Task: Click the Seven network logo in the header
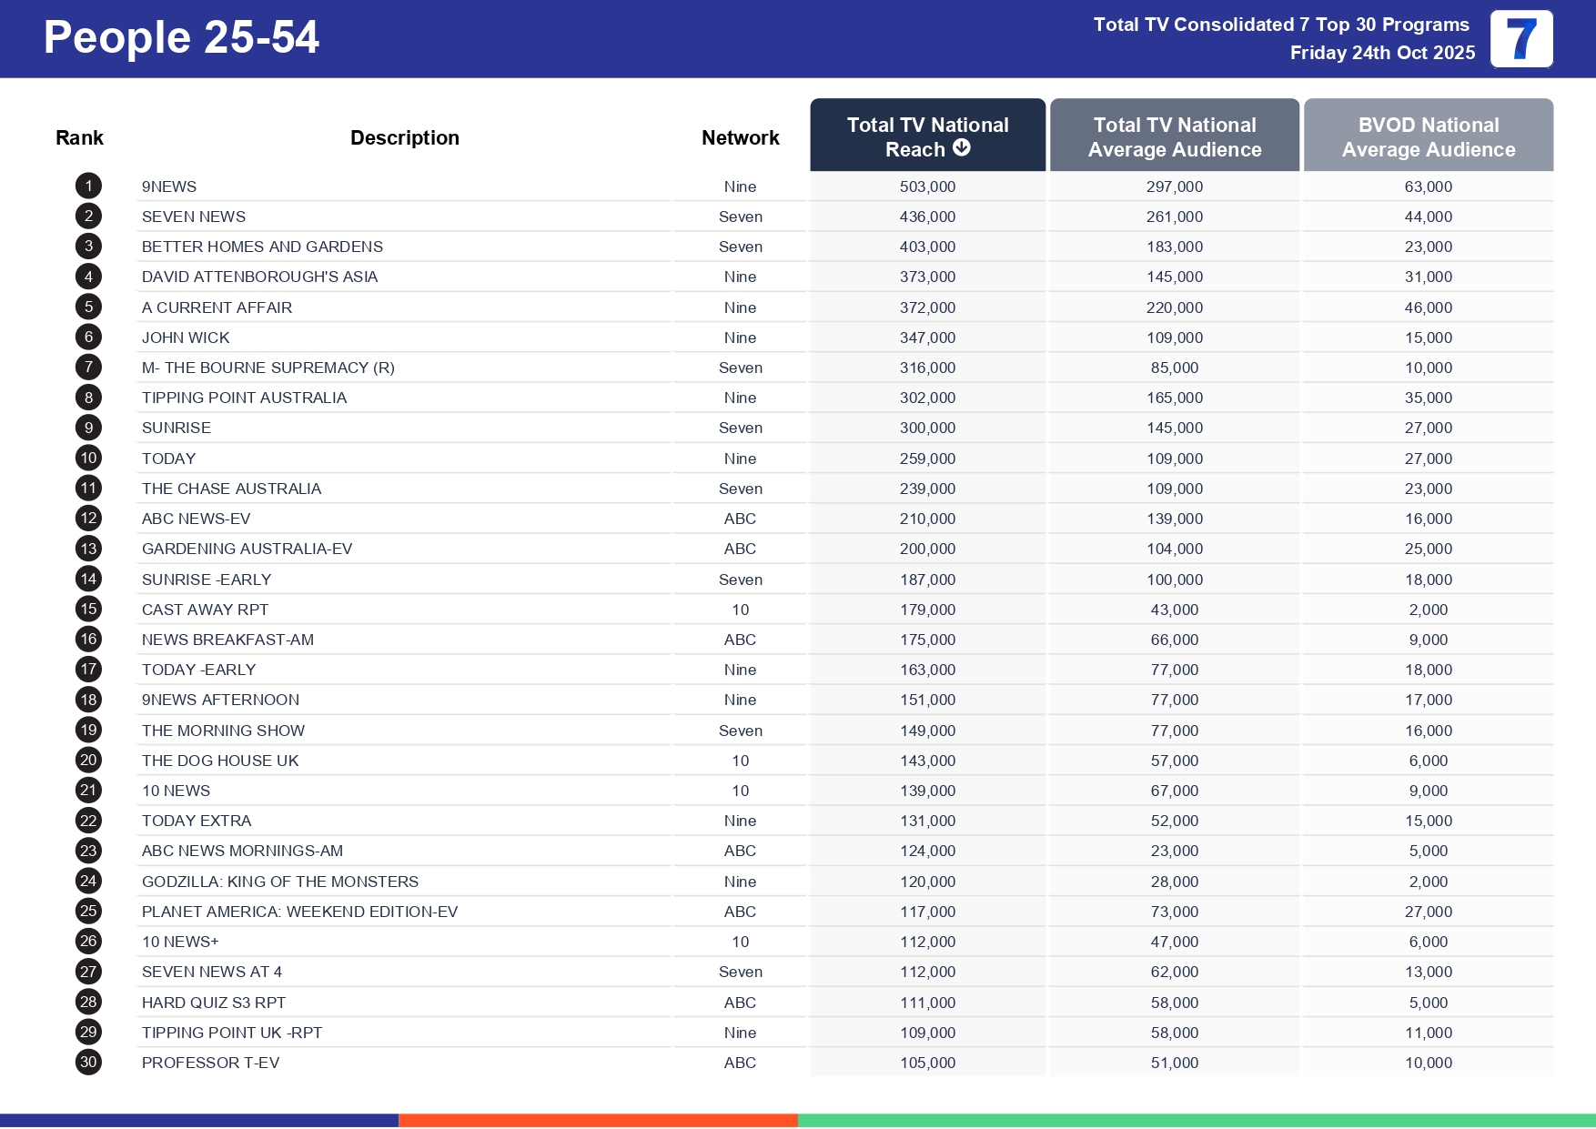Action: point(1520,39)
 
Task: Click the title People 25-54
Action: point(181,38)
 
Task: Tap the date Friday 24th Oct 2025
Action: point(1381,53)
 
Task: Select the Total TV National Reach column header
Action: point(927,136)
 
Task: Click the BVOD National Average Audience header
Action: point(1428,136)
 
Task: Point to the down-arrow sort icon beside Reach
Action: point(962,148)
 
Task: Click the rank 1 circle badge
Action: point(88,186)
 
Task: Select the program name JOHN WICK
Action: point(186,338)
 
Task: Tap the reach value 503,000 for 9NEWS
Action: point(927,186)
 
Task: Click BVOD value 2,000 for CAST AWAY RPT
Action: point(1428,610)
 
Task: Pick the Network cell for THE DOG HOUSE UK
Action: point(740,761)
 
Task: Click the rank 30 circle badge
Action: point(88,1063)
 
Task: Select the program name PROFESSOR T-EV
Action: point(210,1063)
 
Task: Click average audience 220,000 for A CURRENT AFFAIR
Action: point(1174,307)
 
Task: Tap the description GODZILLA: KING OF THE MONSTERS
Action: point(279,882)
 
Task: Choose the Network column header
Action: point(740,138)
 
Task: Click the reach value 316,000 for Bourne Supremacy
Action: point(927,368)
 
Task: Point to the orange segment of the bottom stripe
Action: point(598,1121)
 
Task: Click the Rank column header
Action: point(79,138)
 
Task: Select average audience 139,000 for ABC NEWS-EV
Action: point(1174,519)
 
